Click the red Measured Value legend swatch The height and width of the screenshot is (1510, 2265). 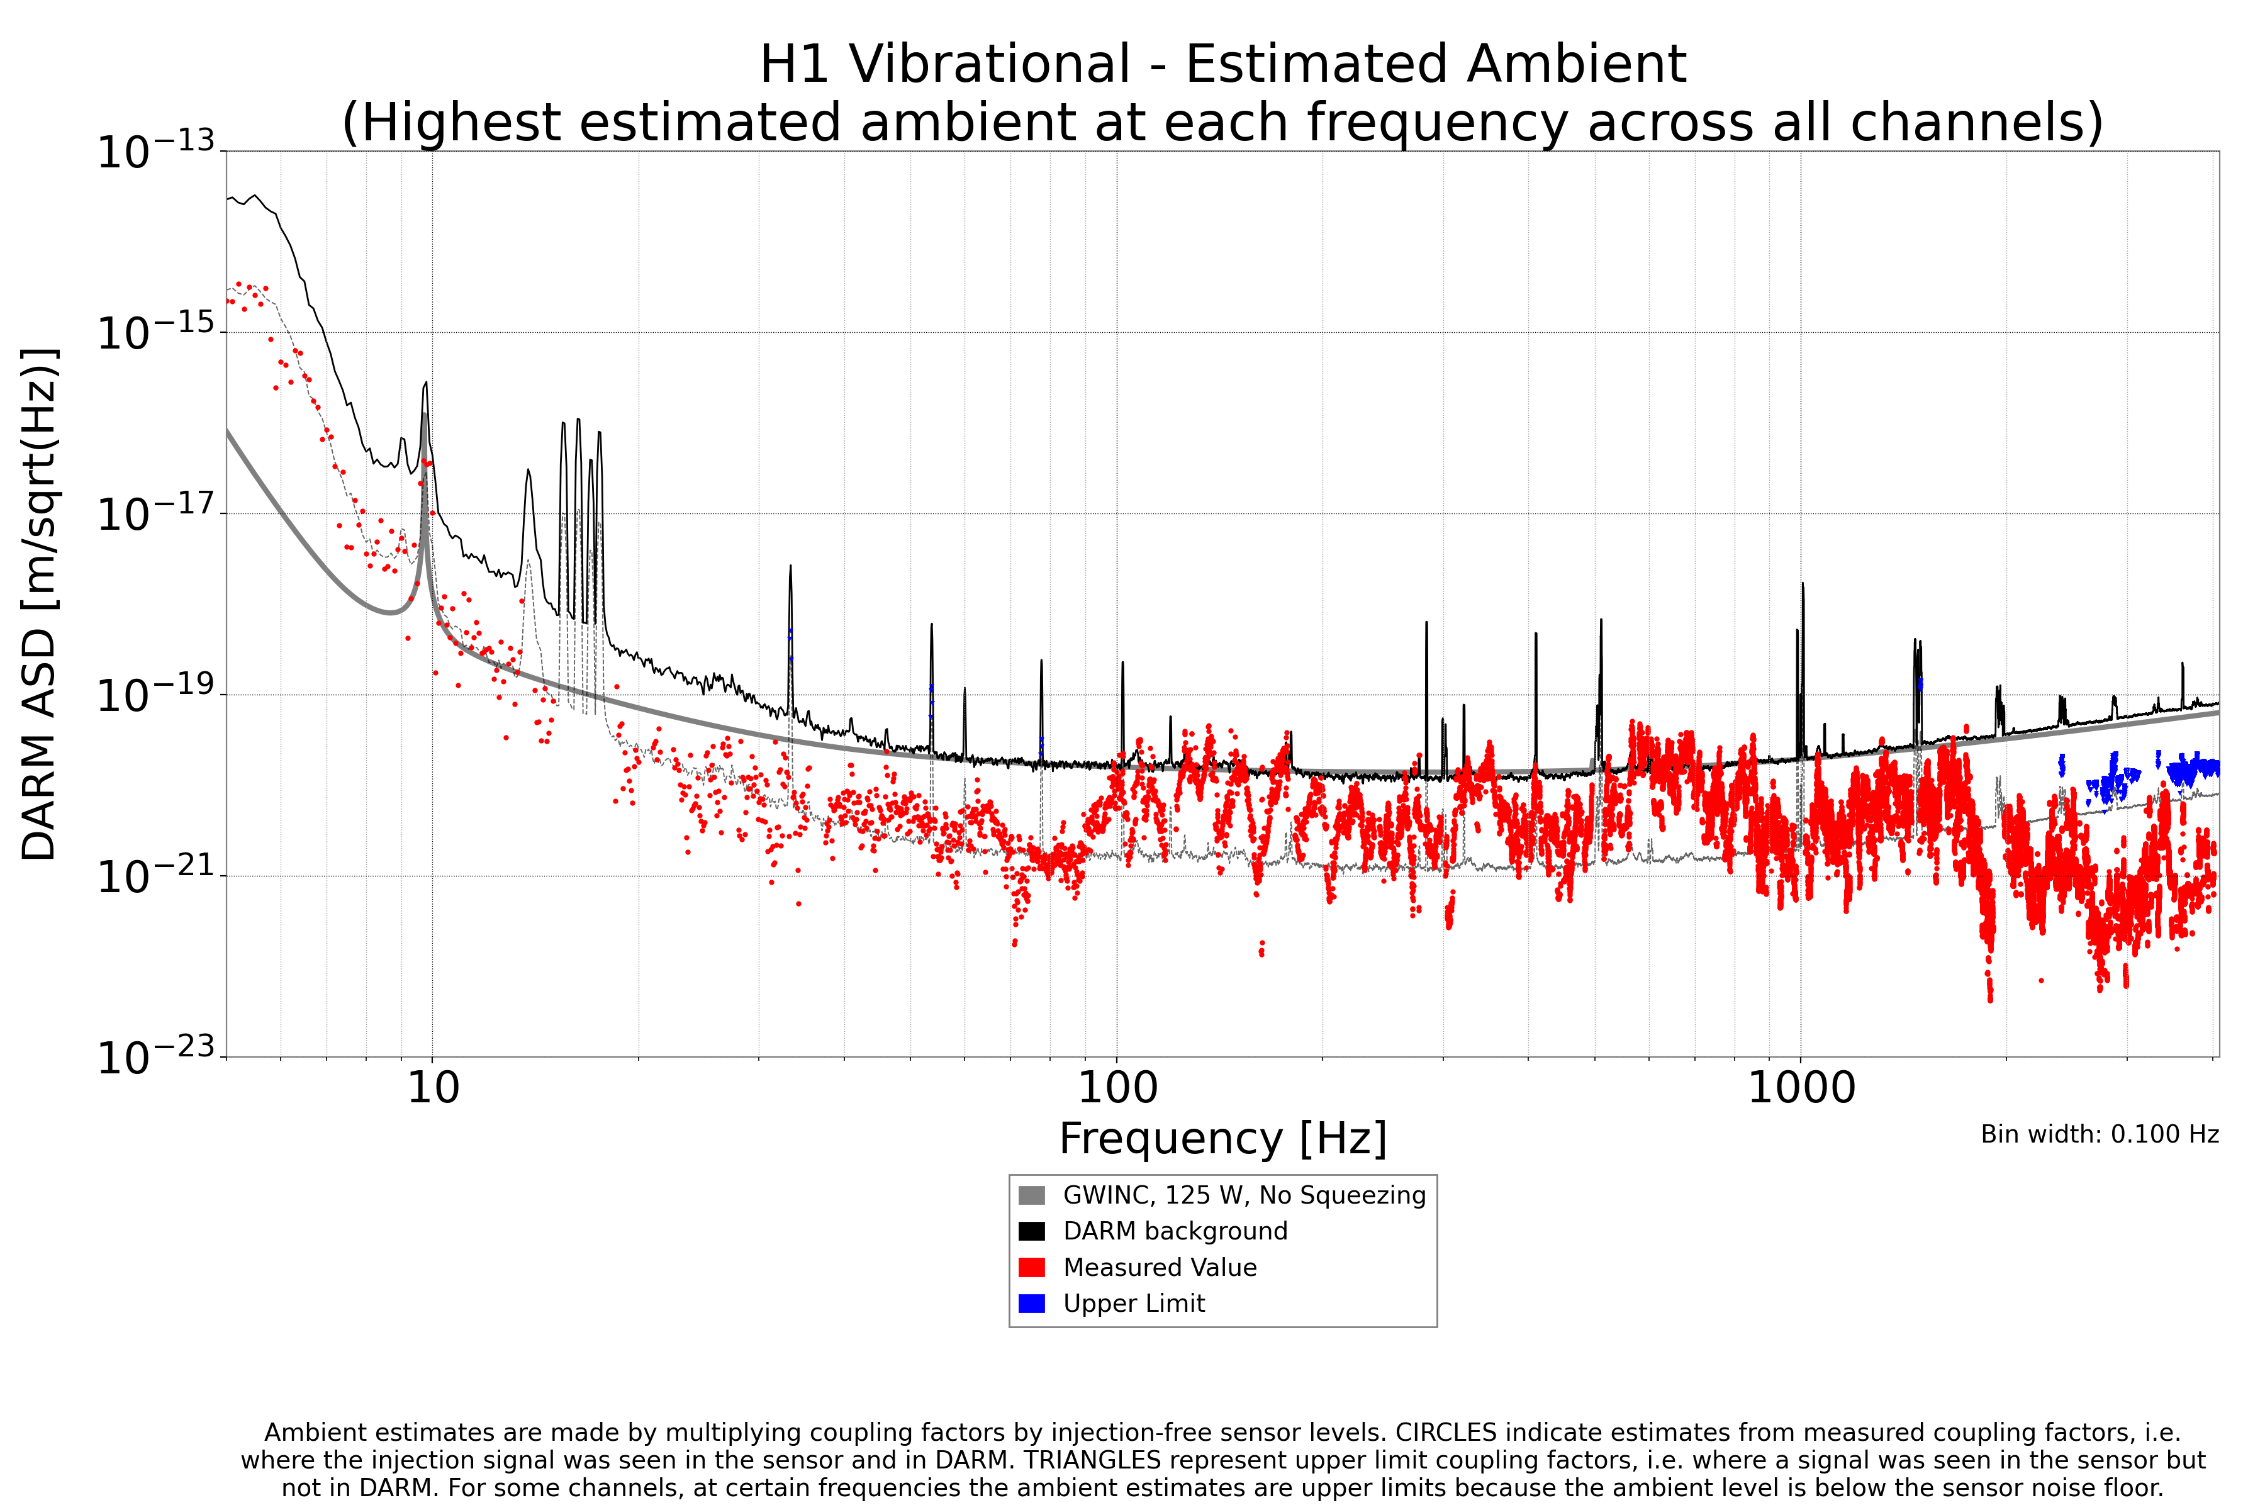tap(1031, 1267)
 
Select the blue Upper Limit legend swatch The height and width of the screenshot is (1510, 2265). tap(1031, 1304)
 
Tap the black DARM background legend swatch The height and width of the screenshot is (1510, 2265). tap(1031, 1232)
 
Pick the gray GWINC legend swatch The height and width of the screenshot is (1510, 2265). tap(1031, 1196)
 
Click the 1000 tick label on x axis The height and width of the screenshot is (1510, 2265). tap(1801, 1088)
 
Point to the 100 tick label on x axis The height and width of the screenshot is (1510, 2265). tap(1117, 1088)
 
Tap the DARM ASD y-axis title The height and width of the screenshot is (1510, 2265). tap(40, 604)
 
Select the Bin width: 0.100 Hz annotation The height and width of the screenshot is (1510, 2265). tap(2100, 1134)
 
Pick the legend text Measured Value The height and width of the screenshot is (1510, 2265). tap(1160, 1267)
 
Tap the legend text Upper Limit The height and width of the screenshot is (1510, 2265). tap(1134, 1304)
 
